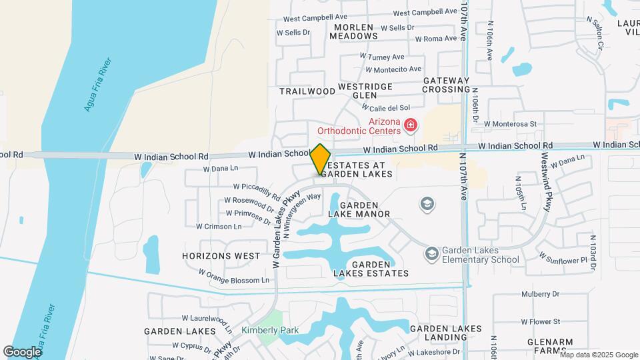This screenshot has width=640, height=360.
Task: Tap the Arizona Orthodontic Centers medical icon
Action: click(410, 125)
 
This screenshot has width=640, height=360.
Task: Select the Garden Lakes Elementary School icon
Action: click(432, 253)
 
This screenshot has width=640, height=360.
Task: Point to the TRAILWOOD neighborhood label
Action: click(307, 91)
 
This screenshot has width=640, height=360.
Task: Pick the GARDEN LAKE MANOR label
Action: click(364, 209)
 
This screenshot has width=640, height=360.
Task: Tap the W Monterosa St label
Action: click(510, 124)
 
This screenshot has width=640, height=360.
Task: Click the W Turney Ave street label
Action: click(382, 57)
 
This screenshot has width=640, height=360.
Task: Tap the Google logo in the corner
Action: click(22, 351)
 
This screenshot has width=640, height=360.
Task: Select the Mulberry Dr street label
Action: click(540, 293)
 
